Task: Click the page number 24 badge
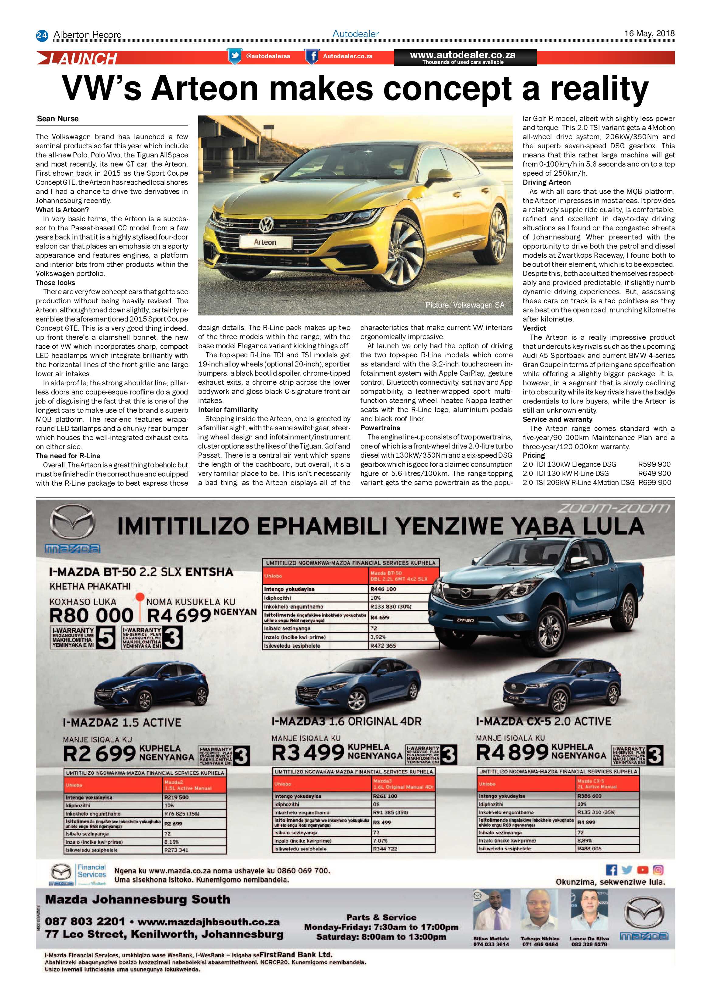click(x=42, y=35)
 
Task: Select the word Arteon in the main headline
click(x=205, y=88)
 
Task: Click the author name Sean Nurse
click(x=58, y=119)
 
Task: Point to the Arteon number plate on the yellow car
click(x=265, y=242)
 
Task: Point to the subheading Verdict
click(x=534, y=328)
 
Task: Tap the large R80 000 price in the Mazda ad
click(x=91, y=615)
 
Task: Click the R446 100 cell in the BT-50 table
click(x=384, y=589)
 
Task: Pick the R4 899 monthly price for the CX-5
click(x=512, y=752)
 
